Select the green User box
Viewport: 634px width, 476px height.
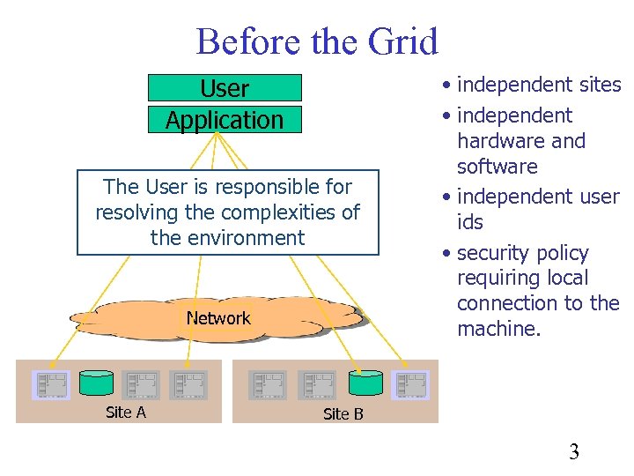[225, 88]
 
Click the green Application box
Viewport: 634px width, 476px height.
[225, 120]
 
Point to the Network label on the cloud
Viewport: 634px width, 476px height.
[218, 318]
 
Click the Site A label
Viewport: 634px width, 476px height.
[125, 412]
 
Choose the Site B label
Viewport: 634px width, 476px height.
[343, 414]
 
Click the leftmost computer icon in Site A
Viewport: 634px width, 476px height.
[51, 384]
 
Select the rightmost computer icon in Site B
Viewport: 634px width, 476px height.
[410, 384]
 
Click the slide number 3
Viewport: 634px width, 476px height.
[574, 453]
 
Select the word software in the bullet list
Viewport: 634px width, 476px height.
[497, 167]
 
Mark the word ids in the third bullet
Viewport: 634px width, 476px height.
[470, 222]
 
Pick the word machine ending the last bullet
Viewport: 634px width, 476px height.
[498, 329]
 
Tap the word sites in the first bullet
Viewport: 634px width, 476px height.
[600, 86]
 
